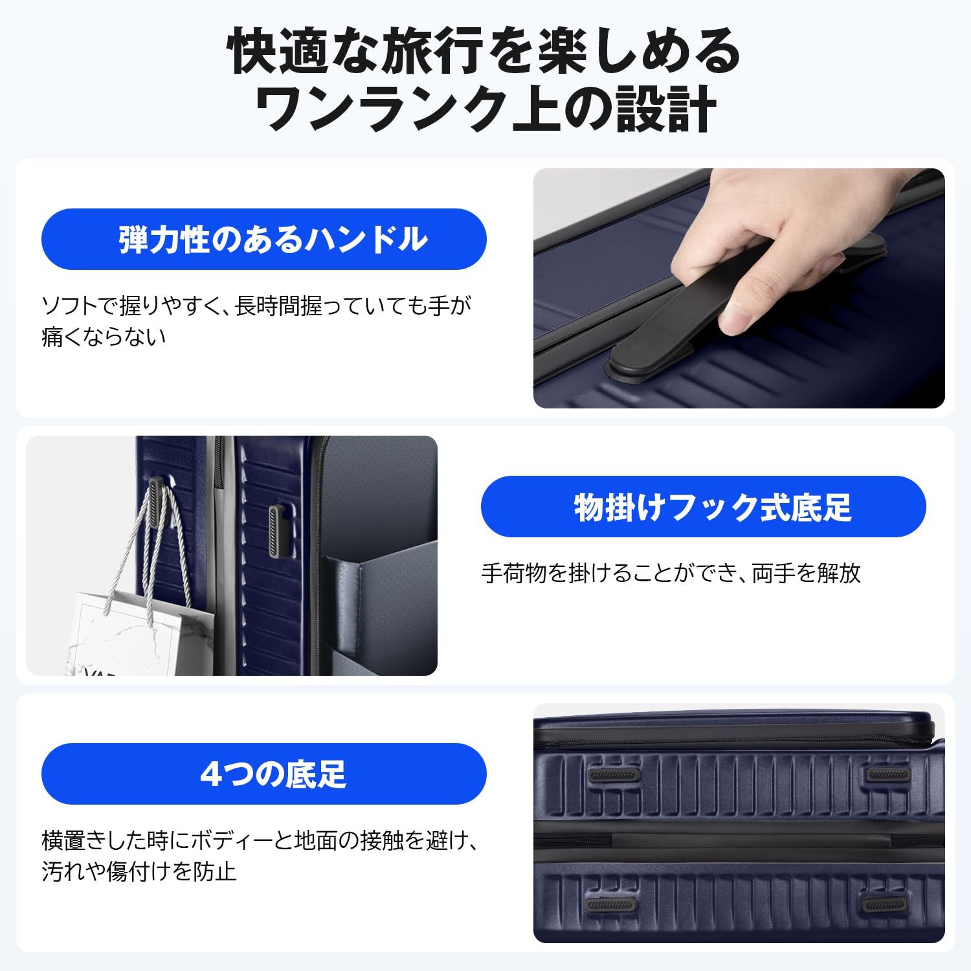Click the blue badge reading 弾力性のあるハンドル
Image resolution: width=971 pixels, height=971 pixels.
coord(263,239)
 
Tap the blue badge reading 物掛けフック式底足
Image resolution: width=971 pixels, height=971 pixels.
coord(703,506)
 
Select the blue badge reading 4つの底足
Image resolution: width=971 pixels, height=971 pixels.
coord(263,774)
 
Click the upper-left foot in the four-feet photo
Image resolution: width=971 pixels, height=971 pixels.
coord(613,776)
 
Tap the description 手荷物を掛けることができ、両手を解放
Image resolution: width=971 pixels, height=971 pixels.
coord(671,573)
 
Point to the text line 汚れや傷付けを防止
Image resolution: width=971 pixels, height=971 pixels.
coord(139,871)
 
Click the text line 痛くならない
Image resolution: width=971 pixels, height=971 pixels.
coord(104,337)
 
